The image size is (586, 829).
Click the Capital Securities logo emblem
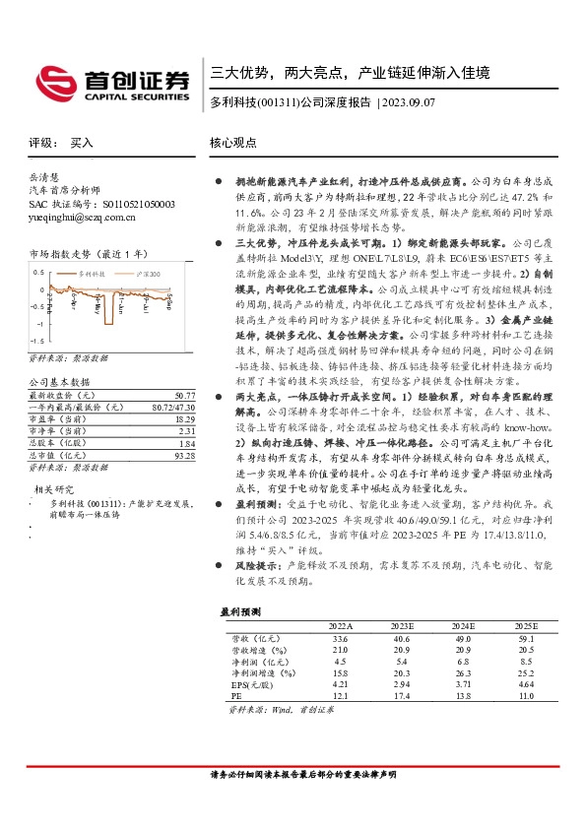click(51, 80)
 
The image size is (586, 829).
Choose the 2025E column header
click(527, 626)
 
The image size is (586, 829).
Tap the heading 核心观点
click(234, 143)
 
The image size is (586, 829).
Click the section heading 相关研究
click(55, 461)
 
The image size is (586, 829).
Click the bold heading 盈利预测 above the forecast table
click(239, 611)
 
